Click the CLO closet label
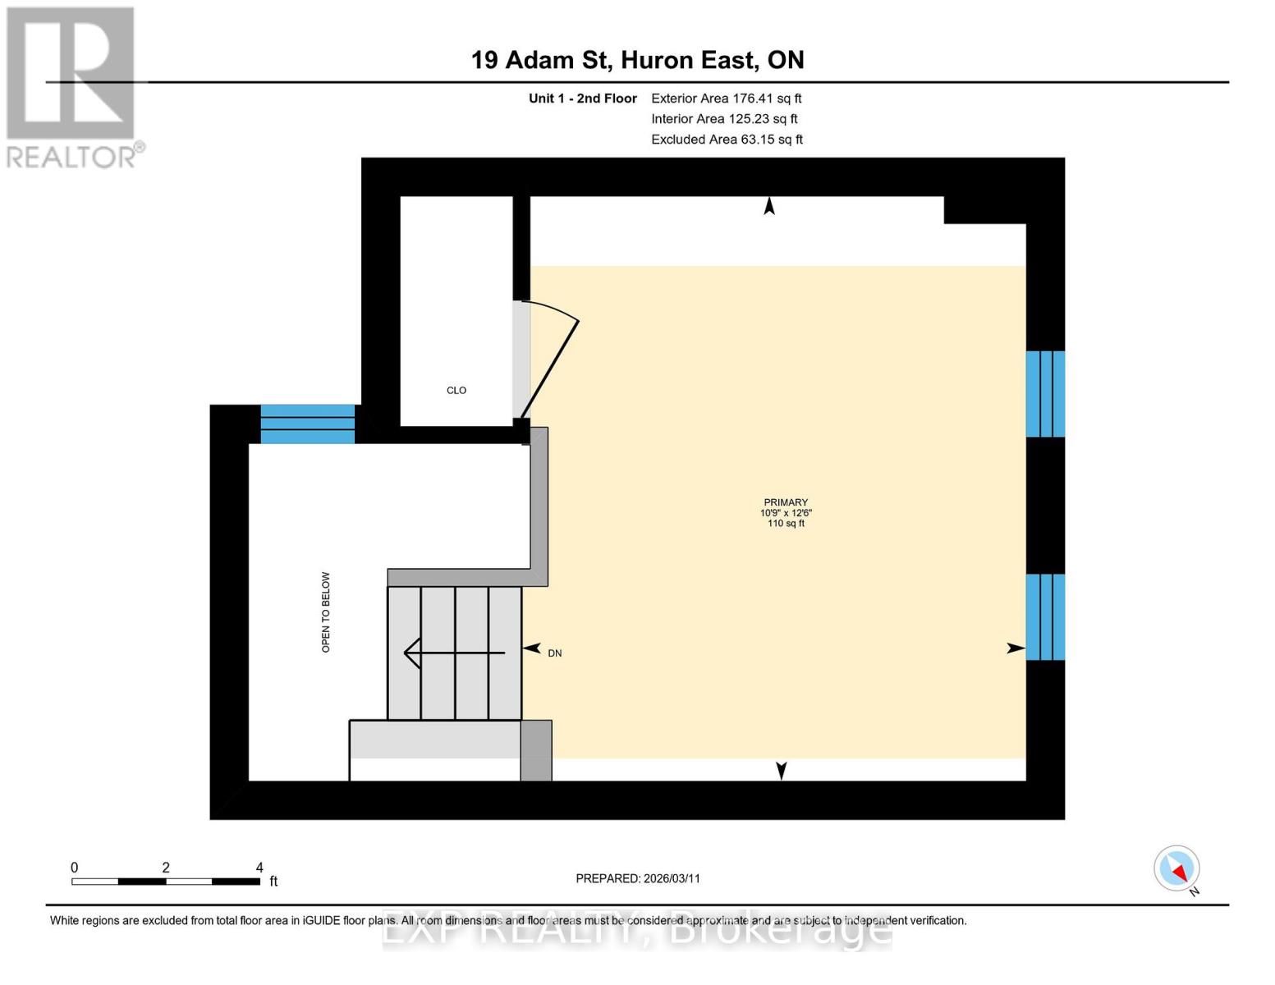pos(456,391)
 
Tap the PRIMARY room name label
pos(786,502)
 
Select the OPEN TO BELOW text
pos(326,612)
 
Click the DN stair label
pos(555,653)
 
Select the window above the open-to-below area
pos(308,424)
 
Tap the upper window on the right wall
pos(1045,394)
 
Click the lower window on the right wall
pos(1045,617)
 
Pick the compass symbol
pos(1176,868)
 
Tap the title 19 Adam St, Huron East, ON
pos(637,60)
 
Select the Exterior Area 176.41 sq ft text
pos(726,98)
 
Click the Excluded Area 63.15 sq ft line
pos(727,140)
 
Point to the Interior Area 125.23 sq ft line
pos(724,119)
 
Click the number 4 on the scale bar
pos(259,868)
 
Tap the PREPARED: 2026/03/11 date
pos(638,878)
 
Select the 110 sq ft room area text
pos(786,524)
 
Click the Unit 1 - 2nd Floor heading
pos(582,98)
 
